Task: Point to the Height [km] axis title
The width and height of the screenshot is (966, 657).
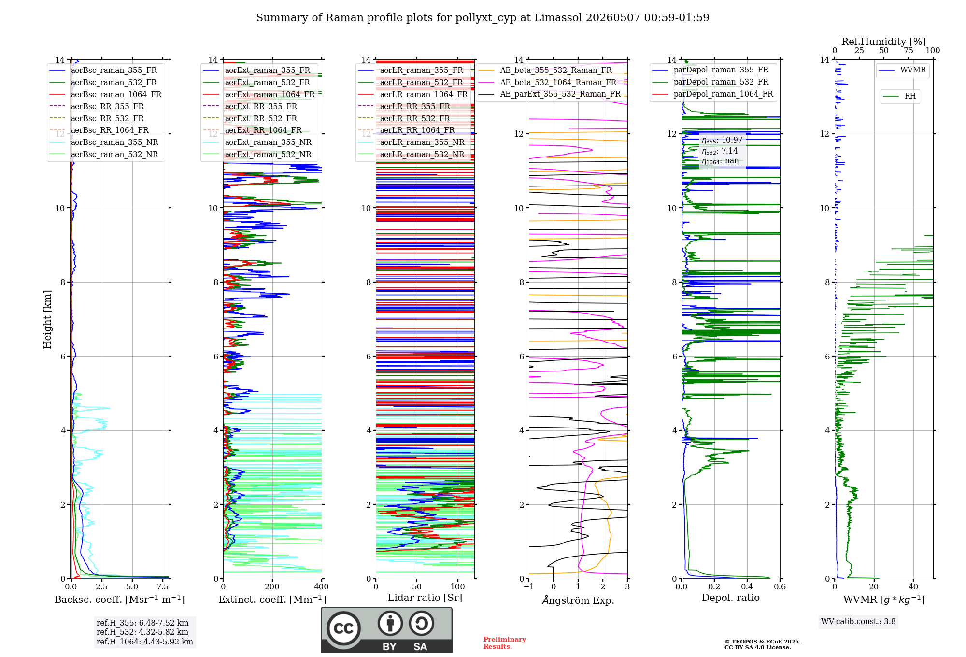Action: click(47, 319)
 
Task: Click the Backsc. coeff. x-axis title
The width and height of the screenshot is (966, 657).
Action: click(120, 599)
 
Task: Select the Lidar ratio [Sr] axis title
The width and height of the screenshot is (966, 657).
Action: click(425, 598)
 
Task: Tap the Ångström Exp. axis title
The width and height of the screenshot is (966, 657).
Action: click(578, 600)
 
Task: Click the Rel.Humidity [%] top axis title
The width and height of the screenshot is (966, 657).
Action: click(884, 42)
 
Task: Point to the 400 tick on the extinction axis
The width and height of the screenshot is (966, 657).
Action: click(321, 586)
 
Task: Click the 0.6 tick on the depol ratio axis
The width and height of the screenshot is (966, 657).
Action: click(780, 586)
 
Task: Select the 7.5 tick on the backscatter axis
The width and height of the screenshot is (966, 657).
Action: click(163, 586)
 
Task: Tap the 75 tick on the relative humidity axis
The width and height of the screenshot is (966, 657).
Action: click(909, 50)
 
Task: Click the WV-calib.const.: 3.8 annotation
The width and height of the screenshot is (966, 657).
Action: click(858, 621)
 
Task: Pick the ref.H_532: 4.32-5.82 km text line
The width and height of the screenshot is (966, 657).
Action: click(142, 632)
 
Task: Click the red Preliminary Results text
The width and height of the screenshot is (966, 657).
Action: click(505, 643)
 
